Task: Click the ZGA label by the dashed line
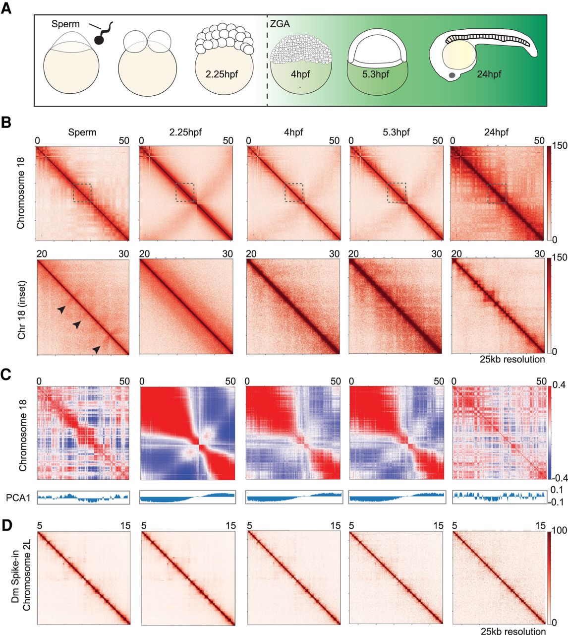tap(280, 24)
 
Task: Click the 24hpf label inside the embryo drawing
tap(489, 74)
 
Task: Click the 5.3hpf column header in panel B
tap(396, 132)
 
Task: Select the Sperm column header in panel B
tap(82, 132)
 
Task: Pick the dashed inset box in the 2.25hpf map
tap(185, 192)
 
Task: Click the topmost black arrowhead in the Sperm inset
tap(61, 310)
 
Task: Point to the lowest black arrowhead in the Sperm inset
tap(97, 350)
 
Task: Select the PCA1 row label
tap(18, 497)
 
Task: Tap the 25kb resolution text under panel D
tap(512, 631)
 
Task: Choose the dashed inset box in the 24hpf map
tap(497, 193)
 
